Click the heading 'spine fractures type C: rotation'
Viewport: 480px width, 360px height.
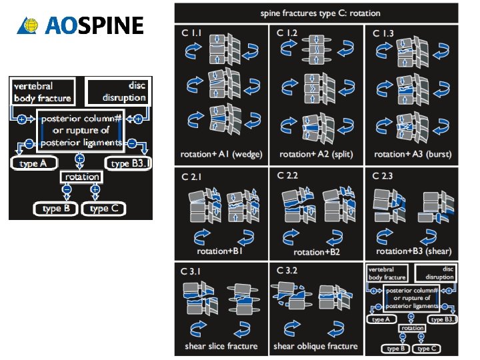[x=316, y=13]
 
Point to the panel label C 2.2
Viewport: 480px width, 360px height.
[x=288, y=175]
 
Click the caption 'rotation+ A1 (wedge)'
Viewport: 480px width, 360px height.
[x=221, y=154]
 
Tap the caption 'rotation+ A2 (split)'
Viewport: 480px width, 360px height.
[x=316, y=154]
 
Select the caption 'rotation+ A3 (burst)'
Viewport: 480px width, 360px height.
[x=413, y=154]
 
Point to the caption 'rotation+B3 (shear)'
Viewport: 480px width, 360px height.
[x=413, y=251]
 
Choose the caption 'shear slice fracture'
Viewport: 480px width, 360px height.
[x=221, y=346]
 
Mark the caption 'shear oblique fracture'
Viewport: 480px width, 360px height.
[x=316, y=346]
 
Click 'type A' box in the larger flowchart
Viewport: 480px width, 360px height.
[x=34, y=163]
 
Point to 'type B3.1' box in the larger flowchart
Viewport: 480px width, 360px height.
[x=128, y=163]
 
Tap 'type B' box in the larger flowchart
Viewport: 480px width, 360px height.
[x=56, y=209]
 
